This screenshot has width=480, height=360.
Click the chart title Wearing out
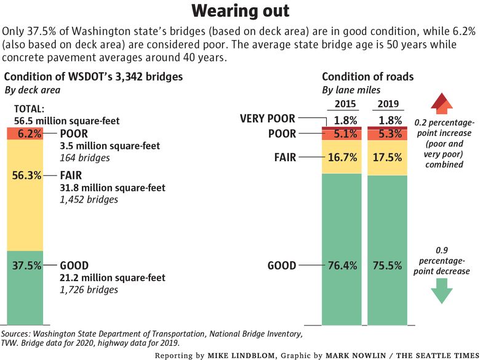240,11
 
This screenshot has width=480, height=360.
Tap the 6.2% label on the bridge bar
30,134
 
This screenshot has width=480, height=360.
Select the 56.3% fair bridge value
26,175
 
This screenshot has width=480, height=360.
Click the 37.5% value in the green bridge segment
26,265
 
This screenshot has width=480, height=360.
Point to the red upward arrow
442,104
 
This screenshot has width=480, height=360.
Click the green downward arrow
441,290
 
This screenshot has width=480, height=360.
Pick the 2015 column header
345,104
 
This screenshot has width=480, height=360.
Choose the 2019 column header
388,104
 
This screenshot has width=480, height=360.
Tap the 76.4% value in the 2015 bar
342,265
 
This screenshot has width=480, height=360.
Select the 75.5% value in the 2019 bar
387,265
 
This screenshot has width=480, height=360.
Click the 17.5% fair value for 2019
387,158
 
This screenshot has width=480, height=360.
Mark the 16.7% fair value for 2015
342,158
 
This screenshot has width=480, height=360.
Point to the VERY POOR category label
267,119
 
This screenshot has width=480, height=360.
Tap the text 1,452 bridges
89,199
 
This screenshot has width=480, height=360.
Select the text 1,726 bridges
89,290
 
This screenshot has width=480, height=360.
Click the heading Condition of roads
367,76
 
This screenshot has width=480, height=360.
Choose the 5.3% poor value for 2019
390,134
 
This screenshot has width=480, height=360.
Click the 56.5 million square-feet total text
66,121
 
